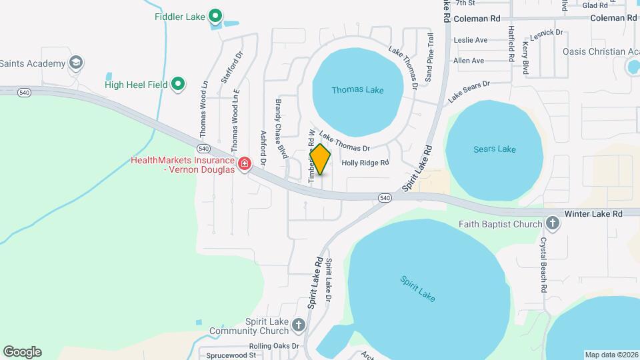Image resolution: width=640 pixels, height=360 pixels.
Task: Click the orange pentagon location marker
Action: [321, 159]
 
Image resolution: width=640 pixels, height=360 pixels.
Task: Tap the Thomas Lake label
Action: [357, 89]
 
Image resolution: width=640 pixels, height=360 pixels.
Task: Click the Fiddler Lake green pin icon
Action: [215, 15]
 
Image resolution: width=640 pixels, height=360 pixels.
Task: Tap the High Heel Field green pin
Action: [178, 84]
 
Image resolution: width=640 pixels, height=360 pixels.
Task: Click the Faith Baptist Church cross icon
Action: [552, 223]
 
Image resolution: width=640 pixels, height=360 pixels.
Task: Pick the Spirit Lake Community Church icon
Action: [299, 325]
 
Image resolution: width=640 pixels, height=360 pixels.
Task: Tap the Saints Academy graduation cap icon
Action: [76, 63]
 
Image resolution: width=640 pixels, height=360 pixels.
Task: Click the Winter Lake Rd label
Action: [593, 213]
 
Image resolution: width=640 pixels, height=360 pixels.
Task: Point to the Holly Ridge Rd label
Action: [365, 162]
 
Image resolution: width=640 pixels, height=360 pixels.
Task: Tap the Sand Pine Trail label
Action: [429, 57]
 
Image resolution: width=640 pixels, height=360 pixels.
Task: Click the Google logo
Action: [22, 352]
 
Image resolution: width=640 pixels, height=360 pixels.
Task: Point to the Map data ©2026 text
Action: [611, 355]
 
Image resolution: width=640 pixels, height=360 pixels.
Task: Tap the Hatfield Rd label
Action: [511, 44]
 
